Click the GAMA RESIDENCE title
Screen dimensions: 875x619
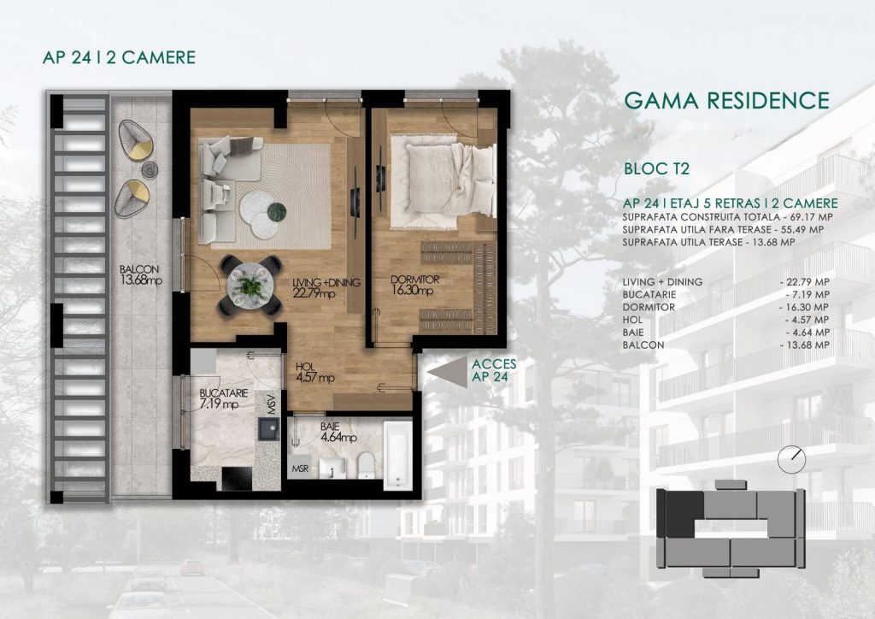pos(726,101)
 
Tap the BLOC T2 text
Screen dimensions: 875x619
pos(656,168)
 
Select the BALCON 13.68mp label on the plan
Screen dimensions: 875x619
pos(141,275)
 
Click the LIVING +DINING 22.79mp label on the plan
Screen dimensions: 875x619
pos(326,287)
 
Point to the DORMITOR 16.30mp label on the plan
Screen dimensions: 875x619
pos(415,285)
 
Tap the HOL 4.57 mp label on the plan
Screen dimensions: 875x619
pos(315,372)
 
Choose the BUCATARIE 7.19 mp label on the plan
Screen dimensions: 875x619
pos(223,398)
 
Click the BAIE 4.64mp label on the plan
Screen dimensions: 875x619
pos(338,432)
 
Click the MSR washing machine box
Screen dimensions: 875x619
pos(300,469)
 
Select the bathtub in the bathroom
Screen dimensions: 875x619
pos(398,455)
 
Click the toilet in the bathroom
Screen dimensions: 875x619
pos(366,465)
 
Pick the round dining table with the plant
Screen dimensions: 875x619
pos(250,285)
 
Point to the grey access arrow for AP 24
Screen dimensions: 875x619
pos(448,371)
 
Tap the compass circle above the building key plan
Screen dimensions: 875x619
pos(791,459)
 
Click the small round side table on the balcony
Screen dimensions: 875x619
pos(150,169)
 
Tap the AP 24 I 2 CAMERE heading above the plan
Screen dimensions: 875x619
pos(119,57)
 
